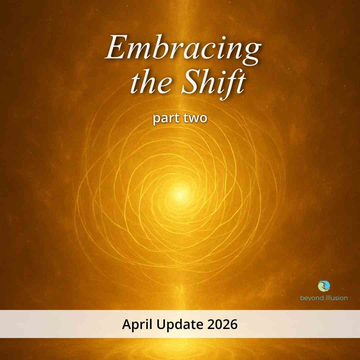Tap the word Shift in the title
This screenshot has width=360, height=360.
pos(214,83)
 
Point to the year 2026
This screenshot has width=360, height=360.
pos(222,324)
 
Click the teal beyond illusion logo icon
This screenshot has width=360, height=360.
pos(324,286)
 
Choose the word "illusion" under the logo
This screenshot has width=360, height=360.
pos(336,298)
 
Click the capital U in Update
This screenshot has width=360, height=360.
pos(161,324)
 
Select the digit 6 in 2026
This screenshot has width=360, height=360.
pos(234,324)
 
